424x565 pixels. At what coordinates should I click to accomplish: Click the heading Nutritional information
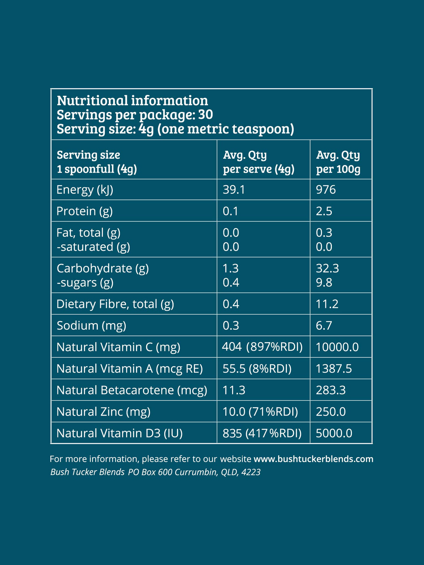click(x=132, y=101)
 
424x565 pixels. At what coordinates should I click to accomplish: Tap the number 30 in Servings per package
click(x=206, y=115)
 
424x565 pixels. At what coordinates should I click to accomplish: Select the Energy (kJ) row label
click(x=85, y=190)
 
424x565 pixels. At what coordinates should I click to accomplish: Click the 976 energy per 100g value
click(x=326, y=190)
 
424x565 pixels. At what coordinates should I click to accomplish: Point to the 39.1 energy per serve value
click(x=234, y=190)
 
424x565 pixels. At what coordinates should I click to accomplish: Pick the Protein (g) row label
click(x=84, y=211)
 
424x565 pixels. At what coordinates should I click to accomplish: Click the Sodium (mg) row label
click(x=91, y=326)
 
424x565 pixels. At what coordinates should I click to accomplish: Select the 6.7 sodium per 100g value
click(x=324, y=326)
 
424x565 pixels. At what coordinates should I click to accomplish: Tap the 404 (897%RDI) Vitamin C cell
click(x=262, y=347)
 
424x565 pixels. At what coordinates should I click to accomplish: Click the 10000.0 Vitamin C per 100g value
click(x=337, y=347)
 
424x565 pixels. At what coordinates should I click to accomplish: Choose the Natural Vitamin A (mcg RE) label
click(x=130, y=369)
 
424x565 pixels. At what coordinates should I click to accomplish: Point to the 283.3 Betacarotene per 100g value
click(x=331, y=390)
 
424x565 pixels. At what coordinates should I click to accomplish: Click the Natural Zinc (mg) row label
click(x=103, y=412)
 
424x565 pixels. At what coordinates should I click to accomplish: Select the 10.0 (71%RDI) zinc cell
click(x=260, y=412)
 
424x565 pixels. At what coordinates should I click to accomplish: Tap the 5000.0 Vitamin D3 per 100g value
click(x=334, y=433)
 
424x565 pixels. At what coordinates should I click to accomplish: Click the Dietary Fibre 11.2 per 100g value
click(x=327, y=304)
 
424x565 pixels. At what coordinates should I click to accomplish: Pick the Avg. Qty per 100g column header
click(x=338, y=162)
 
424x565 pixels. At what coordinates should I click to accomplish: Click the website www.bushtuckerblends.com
click(x=313, y=459)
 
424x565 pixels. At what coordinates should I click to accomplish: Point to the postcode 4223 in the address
click(x=251, y=472)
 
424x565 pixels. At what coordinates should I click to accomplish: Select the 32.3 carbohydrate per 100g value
click(x=327, y=268)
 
